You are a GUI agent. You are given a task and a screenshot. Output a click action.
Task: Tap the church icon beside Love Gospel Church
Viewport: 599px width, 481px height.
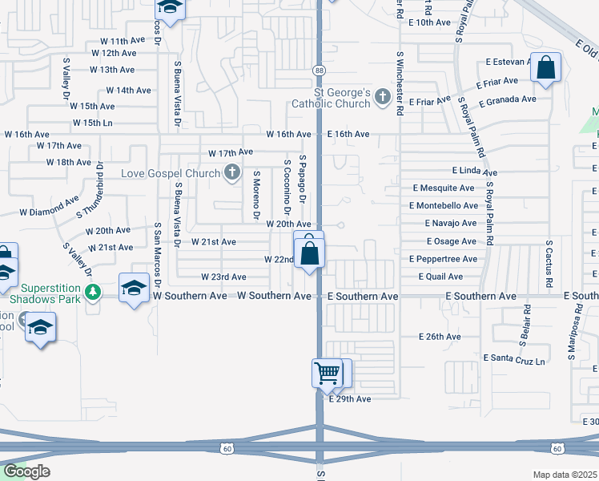[x=232, y=172]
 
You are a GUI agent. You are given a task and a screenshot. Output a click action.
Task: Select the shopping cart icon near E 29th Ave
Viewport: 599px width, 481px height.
[x=328, y=372]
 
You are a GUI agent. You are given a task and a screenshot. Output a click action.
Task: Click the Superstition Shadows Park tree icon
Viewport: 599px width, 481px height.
[x=94, y=290]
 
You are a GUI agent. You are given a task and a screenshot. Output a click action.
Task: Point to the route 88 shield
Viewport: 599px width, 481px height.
[x=319, y=71]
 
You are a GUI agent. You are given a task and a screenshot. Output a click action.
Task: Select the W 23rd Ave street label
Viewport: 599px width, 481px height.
[x=223, y=277]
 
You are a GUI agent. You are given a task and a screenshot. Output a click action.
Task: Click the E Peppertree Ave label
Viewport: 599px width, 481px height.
[x=443, y=259]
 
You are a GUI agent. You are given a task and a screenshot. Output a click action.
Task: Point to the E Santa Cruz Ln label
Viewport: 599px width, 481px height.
[x=514, y=362]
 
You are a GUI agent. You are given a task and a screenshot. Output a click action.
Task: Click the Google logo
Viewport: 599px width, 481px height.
[x=26, y=471]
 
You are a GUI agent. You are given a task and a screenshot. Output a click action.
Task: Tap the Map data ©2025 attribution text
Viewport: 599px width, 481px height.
[x=565, y=475]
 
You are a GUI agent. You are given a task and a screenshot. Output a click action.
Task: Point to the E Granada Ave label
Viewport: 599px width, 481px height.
[x=508, y=99]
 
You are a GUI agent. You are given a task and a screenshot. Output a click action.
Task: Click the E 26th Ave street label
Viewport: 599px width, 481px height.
[x=440, y=337]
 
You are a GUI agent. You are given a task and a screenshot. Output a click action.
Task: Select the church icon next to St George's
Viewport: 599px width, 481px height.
[x=383, y=97]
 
